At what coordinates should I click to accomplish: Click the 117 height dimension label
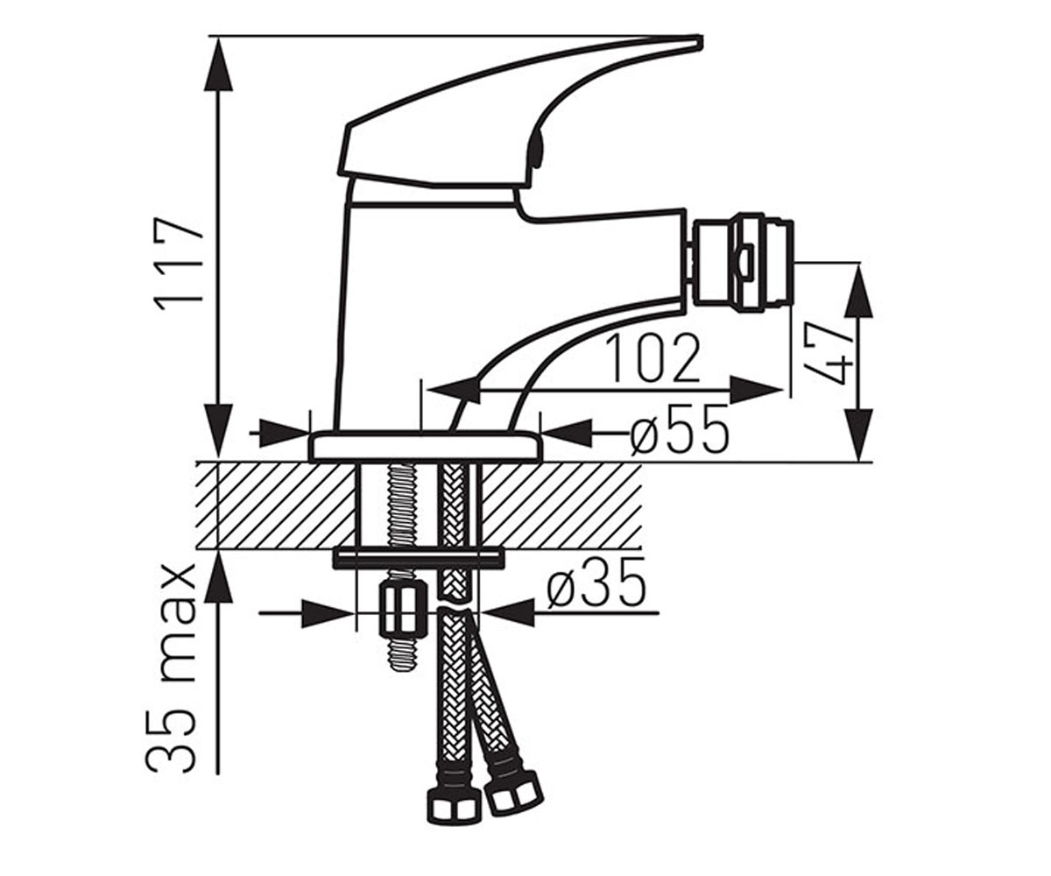[180, 265]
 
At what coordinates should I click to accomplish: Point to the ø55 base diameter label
[680, 429]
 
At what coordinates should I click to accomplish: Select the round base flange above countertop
[427, 446]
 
